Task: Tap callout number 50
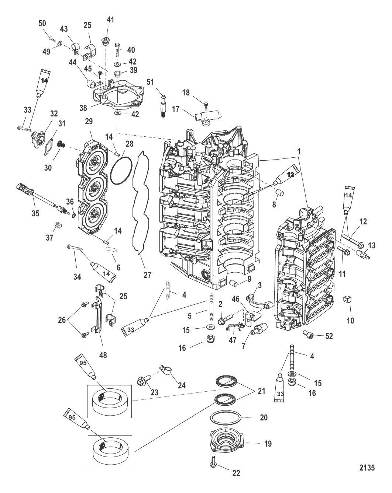coord(42,23)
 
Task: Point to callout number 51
coord(150,82)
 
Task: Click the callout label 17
coord(176,109)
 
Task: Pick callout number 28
coord(130,144)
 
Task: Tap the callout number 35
coord(35,213)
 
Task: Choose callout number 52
coord(329,336)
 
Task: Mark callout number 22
coord(236,473)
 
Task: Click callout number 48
coord(103,355)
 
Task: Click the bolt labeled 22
coord(213,462)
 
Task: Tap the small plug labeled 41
coord(105,41)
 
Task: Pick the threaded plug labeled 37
coord(56,225)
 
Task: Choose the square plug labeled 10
coord(347,300)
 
